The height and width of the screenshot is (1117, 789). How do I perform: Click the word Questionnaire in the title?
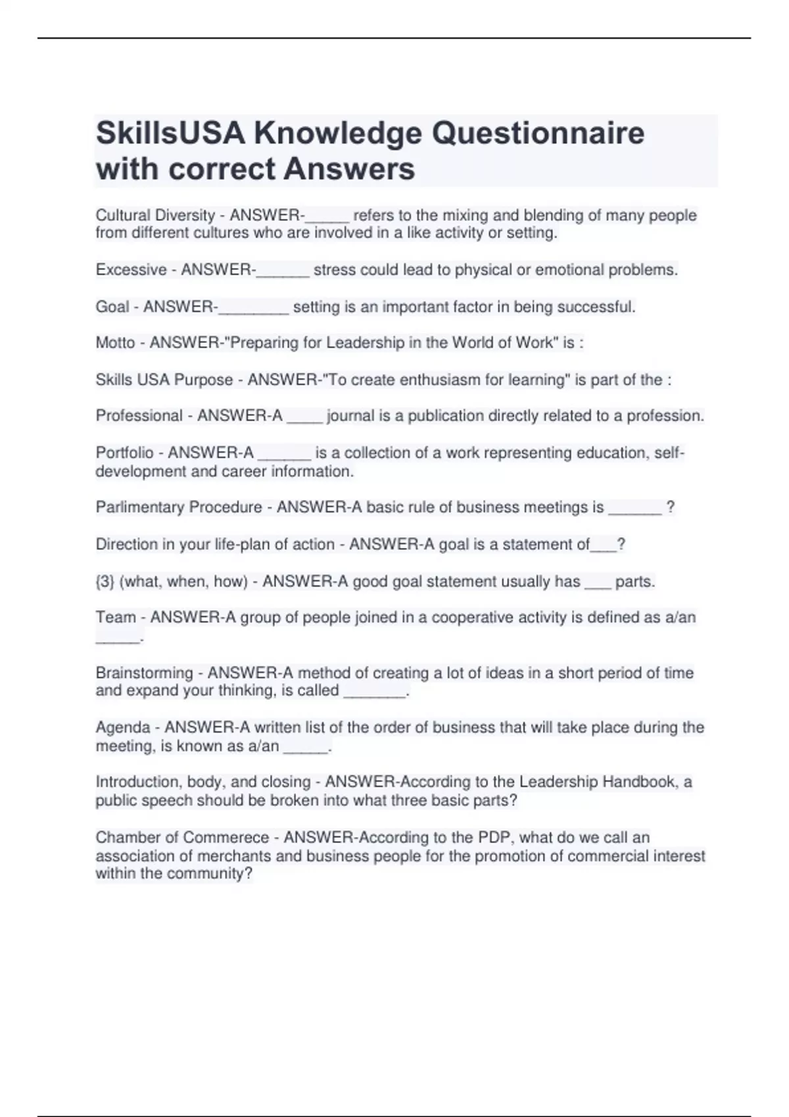coord(538,133)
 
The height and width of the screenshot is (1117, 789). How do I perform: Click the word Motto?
coord(115,342)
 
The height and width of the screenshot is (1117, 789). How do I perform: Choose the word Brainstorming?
coord(144,673)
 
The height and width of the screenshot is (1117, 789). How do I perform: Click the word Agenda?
coord(123,727)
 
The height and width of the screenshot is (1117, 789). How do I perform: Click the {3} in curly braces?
coord(105,581)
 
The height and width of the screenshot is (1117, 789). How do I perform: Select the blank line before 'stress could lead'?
coord(283,273)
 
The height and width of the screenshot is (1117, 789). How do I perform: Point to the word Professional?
coord(139,416)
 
